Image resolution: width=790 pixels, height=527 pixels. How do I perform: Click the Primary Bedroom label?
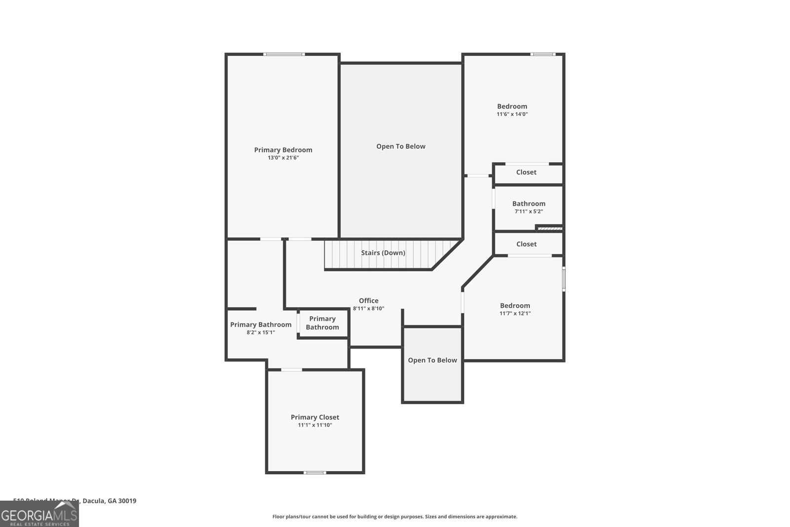283,150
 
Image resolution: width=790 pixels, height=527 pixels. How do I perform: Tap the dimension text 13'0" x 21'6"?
283,158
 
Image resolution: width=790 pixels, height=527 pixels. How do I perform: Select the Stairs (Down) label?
383,253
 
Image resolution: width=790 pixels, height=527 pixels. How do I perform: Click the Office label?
368,301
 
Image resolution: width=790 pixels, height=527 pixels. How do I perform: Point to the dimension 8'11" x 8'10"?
368,309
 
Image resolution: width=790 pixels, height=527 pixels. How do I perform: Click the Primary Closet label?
315,417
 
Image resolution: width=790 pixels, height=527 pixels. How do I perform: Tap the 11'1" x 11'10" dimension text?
315,425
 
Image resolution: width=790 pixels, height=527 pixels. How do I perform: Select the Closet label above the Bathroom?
526,172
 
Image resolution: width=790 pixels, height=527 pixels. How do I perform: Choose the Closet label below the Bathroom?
526,244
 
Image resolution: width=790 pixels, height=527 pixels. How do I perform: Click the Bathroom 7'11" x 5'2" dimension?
528,211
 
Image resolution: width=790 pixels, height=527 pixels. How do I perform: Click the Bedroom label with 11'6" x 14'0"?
512,106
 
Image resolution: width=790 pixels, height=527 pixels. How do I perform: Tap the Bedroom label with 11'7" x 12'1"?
514,306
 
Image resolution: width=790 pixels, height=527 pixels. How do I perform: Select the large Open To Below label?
400,146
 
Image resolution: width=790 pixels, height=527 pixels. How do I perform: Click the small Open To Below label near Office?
432,360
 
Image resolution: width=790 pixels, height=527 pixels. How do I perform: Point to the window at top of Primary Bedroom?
283,54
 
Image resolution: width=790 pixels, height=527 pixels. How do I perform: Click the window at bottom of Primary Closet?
315,473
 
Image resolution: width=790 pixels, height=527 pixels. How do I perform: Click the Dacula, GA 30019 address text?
109,501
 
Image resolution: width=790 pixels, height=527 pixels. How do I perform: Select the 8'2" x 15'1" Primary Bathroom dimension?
260,332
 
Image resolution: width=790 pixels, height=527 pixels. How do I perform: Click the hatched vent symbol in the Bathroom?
550,228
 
